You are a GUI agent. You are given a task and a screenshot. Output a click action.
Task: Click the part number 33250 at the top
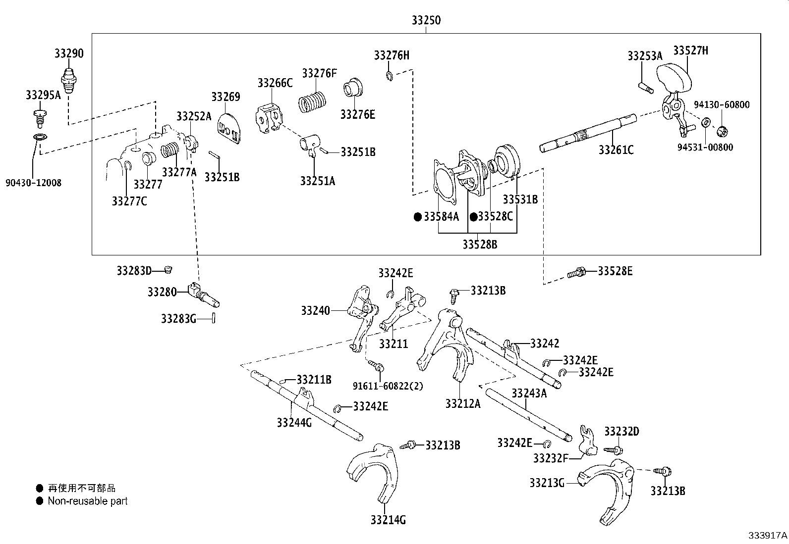(426, 20)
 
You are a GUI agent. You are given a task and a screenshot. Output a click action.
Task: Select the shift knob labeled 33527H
(674, 78)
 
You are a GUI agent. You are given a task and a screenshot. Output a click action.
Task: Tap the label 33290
(69, 53)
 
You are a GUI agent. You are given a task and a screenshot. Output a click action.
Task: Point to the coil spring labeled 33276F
(312, 102)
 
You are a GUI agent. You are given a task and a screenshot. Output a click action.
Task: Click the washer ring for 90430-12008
(40, 137)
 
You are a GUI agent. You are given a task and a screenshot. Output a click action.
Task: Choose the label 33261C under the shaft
(616, 150)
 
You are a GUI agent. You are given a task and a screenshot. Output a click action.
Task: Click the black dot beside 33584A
(418, 217)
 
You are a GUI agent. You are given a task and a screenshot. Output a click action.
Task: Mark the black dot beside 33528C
(474, 217)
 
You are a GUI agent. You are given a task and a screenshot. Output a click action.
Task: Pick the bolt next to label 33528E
(576, 272)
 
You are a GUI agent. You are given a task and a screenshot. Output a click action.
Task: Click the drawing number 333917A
(768, 535)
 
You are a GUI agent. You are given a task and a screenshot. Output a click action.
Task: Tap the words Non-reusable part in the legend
(88, 501)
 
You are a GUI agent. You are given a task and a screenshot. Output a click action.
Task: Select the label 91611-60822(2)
(388, 386)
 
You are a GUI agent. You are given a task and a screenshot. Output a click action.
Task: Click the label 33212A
(463, 404)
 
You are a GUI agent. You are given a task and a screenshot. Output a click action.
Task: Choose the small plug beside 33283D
(169, 270)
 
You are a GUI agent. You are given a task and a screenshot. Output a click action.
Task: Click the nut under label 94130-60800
(723, 132)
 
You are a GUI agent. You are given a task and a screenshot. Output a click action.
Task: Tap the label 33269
(226, 97)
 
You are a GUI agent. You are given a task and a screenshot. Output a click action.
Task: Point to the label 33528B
(480, 245)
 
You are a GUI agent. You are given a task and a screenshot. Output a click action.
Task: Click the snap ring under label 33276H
(389, 76)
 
